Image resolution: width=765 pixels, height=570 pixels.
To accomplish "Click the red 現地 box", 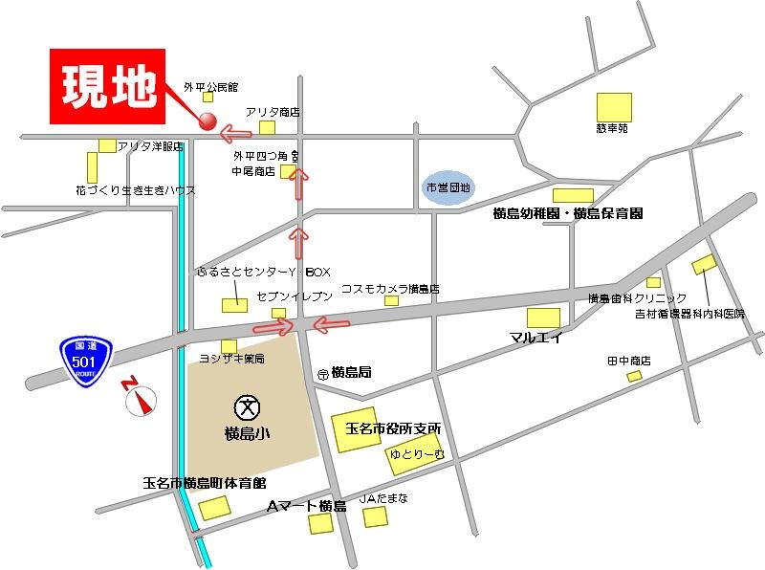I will [x=109, y=89].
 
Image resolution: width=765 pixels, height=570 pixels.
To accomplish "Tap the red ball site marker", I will [x=206, y=121].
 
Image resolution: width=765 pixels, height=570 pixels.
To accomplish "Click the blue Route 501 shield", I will [x=85, y=357].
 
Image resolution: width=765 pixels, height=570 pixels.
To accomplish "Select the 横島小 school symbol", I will [x=247, y=406].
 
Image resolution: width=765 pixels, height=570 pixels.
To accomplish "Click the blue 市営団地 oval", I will [x=448, y=187].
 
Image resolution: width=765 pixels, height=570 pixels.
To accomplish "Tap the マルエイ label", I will [x=535, y=338].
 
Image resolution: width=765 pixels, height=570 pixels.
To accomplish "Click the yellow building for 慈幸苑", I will [x=614, y=106].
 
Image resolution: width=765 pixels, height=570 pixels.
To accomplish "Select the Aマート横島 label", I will [x=305, y=505].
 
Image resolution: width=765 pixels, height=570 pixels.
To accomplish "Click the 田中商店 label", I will [x=629, y=361].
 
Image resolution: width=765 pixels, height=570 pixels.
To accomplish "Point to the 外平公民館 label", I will [x=209, y=85].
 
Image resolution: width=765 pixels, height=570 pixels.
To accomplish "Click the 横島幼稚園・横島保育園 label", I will [x=567, y=212].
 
